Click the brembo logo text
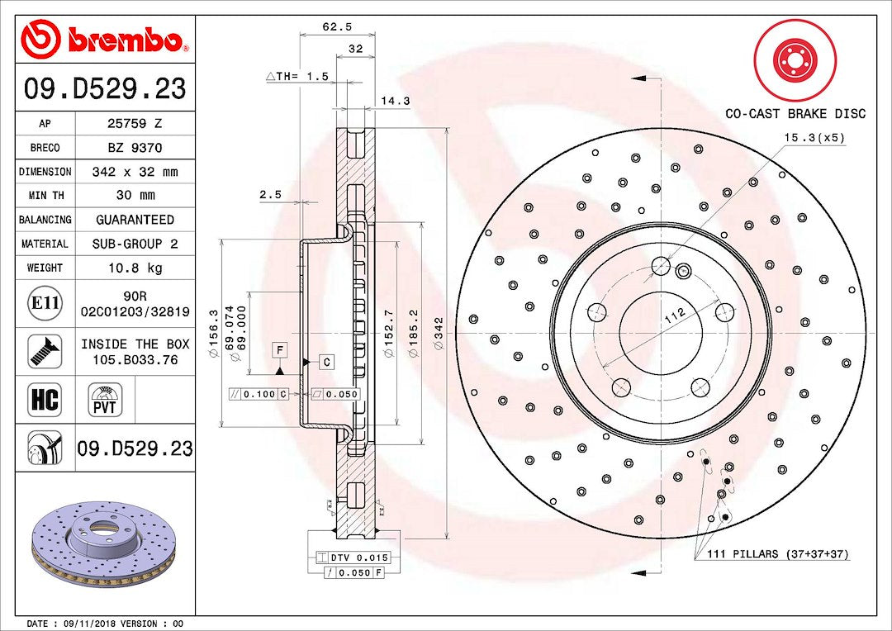coord(124,40)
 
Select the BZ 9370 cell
coord(135,148)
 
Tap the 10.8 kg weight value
coord(135,268)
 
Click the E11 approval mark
coord(45,302)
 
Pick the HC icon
coord(45,400)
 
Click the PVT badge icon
coord(105,400)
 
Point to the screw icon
coord(45,351)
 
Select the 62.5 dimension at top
coord(337,26)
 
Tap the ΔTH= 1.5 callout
coord(297,76)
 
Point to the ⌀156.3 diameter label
coord(214,334)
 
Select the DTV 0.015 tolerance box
coord(352,557)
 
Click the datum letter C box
coord(326,362)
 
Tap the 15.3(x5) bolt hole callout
coord(814,138)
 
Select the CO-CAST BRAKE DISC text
coord(795,114)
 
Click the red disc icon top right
coord(795,59)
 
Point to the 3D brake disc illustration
coord(105,543)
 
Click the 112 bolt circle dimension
coord(676,316)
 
